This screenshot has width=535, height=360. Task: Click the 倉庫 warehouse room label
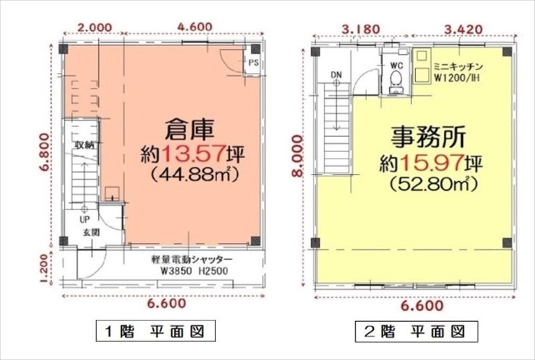189,130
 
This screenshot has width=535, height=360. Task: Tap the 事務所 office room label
429,137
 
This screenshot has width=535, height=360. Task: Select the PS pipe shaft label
253,63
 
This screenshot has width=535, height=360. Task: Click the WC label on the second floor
397,65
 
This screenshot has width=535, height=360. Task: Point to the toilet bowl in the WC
397,79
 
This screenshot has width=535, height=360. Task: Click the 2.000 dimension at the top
94,27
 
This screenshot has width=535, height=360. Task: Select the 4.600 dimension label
195,27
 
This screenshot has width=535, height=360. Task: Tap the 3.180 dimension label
361,29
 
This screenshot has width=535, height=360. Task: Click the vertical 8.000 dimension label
298,156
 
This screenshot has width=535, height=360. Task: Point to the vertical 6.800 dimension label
43,153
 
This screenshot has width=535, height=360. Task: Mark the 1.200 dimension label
43,268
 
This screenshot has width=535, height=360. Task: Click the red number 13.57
193,155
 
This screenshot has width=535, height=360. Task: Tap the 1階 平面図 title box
156,331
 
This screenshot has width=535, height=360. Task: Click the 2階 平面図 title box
416,331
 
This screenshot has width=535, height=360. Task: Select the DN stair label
336,75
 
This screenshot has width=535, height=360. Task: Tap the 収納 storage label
84,145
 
